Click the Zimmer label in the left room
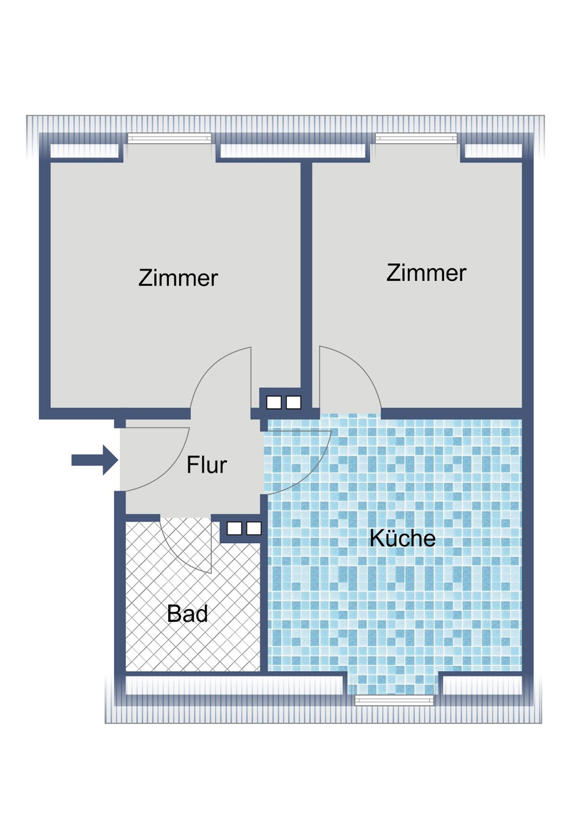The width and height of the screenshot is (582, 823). tap(178, 278)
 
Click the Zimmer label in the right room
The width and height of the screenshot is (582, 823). tap(426, 273)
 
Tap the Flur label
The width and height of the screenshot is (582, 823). tap(207, 465)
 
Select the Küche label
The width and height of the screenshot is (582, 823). tap(403, 537)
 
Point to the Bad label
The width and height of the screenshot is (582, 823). tap(187, 614)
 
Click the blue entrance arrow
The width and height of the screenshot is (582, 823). tap(94, 460)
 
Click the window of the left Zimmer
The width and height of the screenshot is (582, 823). tap(169, 138)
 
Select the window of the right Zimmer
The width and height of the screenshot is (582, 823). tap(416, 138)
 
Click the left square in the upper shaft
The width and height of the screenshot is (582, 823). tap(274, 402)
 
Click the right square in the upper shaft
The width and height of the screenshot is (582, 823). tap(293, 402)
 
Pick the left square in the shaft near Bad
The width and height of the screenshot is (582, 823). tap(234, 529)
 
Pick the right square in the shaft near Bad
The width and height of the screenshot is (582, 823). tap(254, 529)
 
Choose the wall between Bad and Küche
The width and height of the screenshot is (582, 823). tap(264, 603)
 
